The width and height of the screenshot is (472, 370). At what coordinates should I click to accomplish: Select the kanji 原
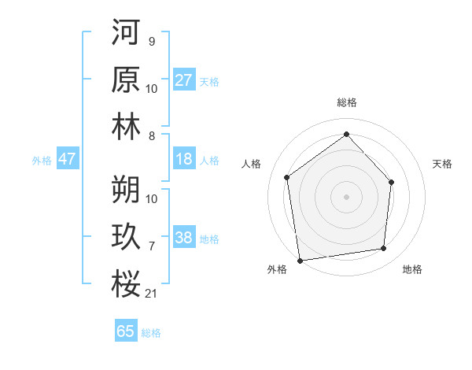pos(126,80)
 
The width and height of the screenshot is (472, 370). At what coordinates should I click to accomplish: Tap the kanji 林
pos(126,127)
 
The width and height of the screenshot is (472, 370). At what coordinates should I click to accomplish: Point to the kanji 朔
pos(126,189)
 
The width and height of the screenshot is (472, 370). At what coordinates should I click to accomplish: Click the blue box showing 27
pos(184,80)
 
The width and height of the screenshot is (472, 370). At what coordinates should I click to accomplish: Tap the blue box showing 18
pos(184,160)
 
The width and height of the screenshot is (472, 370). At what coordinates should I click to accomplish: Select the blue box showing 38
pos(184,239)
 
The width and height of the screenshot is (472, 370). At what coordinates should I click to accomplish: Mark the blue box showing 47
pos(68,160)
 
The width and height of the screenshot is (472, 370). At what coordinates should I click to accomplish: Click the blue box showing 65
pos(126,331)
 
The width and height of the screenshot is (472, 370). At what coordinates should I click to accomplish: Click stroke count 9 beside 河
pos(151,42)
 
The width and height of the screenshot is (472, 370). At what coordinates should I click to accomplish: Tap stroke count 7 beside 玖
pos(151,246)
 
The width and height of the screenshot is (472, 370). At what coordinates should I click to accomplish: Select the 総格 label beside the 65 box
pos(151,333)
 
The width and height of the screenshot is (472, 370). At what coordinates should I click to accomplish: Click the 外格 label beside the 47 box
pos(42,161)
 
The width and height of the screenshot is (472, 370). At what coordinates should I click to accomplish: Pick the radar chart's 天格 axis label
pos(442,164)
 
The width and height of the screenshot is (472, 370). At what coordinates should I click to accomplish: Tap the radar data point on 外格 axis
pos(300,260)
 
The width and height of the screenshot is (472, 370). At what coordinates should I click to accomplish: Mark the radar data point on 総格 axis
pos(346,135)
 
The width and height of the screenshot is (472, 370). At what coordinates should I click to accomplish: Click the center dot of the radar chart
pos(346,196)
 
